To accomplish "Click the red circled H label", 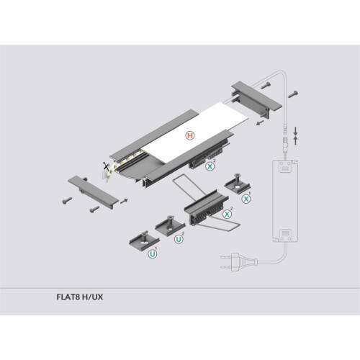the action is pyautogui.click(x=190, y=135).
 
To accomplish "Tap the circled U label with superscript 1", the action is pyautogui.click(x=153, y=253).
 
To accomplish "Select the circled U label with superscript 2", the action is pyautogui.click(x=179, y=239).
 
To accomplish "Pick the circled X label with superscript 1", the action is pyautogui.click(x=246, y=199).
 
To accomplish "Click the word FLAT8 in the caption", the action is pyautogui.click(x=68, y=297).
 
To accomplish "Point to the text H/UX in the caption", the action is pyautogui.click(x=92, y=297).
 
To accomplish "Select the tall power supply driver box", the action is pyautogui.click(x=285, y=201).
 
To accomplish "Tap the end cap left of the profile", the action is pyautogui.click(x=93, y=192).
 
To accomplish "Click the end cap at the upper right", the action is pyautogui.click(x=256, y=99).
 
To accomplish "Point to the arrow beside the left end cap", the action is pyautogui.click(x=124, y=201).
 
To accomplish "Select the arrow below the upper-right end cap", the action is pyautogui.click(x=260, y=123).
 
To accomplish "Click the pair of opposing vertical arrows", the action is pyautogui.click(x=295, y=136).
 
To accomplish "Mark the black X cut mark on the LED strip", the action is pyautogui.click(x=106, y=166).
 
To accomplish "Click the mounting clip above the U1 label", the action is pyautogui.click(x=144, y=240).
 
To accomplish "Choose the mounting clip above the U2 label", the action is pyautogui.click(x=170, y=226).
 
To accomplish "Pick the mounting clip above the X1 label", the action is pyautogui.click(x=238, y=183).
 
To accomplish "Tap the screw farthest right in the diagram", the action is pyautogui.click(x=293, y=94).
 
